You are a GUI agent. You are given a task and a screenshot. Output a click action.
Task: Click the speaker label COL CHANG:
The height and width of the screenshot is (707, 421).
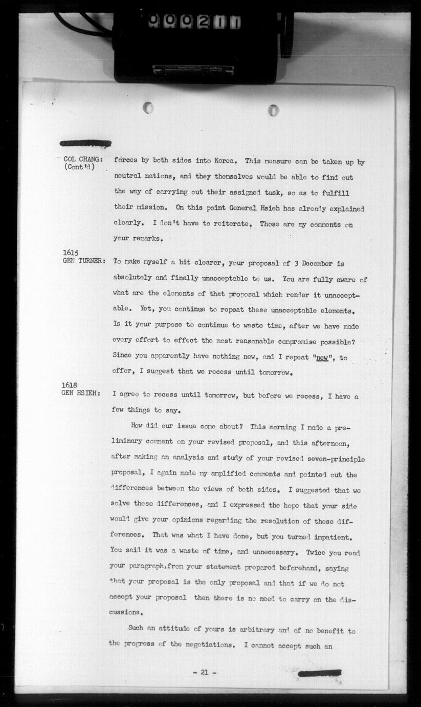(x=82, y=159)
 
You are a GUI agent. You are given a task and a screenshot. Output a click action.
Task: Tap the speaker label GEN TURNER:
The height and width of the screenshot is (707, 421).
(x=84, y=261)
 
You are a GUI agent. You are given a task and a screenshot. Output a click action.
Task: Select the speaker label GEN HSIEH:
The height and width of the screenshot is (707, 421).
(x=81, y=393)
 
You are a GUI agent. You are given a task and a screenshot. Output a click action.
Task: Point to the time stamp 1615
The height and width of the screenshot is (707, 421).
(x=71, y=253)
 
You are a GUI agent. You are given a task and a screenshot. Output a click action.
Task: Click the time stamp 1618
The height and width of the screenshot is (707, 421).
(x=70, y=385)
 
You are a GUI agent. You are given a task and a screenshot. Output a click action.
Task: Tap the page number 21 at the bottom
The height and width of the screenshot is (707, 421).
(x=204, y=672)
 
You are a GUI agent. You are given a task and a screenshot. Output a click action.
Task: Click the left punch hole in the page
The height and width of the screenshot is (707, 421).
(x=148, y=108)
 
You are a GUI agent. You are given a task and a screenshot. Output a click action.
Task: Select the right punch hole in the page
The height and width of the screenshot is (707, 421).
(x=274, y=110)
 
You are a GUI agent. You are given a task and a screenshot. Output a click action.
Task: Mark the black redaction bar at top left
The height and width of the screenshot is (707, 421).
(x=85, y=143)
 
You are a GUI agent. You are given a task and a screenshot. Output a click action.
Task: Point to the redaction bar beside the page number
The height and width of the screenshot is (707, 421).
(x=319, y=673)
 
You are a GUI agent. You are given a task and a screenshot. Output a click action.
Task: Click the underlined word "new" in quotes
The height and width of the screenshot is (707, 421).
(x=322, y=357)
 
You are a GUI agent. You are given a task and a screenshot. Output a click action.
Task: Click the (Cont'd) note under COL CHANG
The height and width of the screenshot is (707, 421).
(x=79, y=168)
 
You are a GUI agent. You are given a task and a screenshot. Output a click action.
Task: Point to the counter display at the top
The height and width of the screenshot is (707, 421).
(x=195, y=22)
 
